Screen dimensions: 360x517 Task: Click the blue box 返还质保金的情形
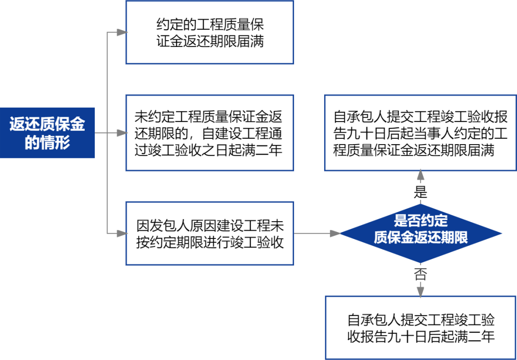point(47,133)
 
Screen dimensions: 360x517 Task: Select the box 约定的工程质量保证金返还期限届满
point(209,33)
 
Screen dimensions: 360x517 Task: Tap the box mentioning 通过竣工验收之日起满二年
point(209,133)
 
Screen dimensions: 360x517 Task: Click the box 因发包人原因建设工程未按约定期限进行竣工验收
point(209,234)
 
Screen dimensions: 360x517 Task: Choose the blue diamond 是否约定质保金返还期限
point(420,234)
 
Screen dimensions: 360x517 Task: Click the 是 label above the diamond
point(420,192)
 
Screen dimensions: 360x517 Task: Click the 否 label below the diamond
point(420,274)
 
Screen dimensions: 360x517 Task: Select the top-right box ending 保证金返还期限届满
point(420,133)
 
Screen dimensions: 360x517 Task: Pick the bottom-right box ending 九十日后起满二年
point(420,328)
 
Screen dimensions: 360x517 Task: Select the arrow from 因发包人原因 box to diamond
point(316,234)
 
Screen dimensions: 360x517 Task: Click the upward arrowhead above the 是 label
point(420,174)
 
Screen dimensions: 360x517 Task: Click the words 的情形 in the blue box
point(47,143)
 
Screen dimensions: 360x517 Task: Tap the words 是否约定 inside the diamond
point(420,221)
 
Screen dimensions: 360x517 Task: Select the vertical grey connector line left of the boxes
point(107,182)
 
